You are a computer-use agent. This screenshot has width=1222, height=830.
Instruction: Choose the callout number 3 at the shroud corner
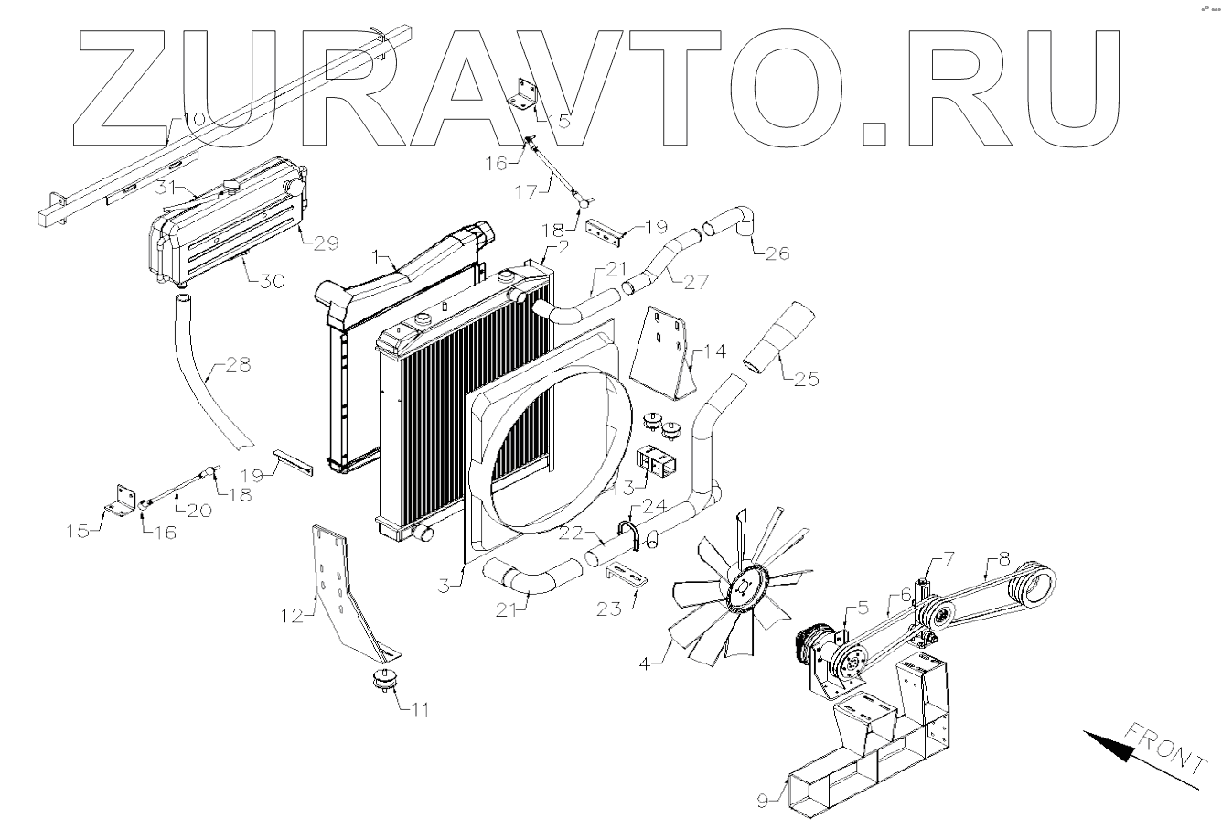pos(443,584)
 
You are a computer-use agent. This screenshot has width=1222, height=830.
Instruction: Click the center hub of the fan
pos(744,593)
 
